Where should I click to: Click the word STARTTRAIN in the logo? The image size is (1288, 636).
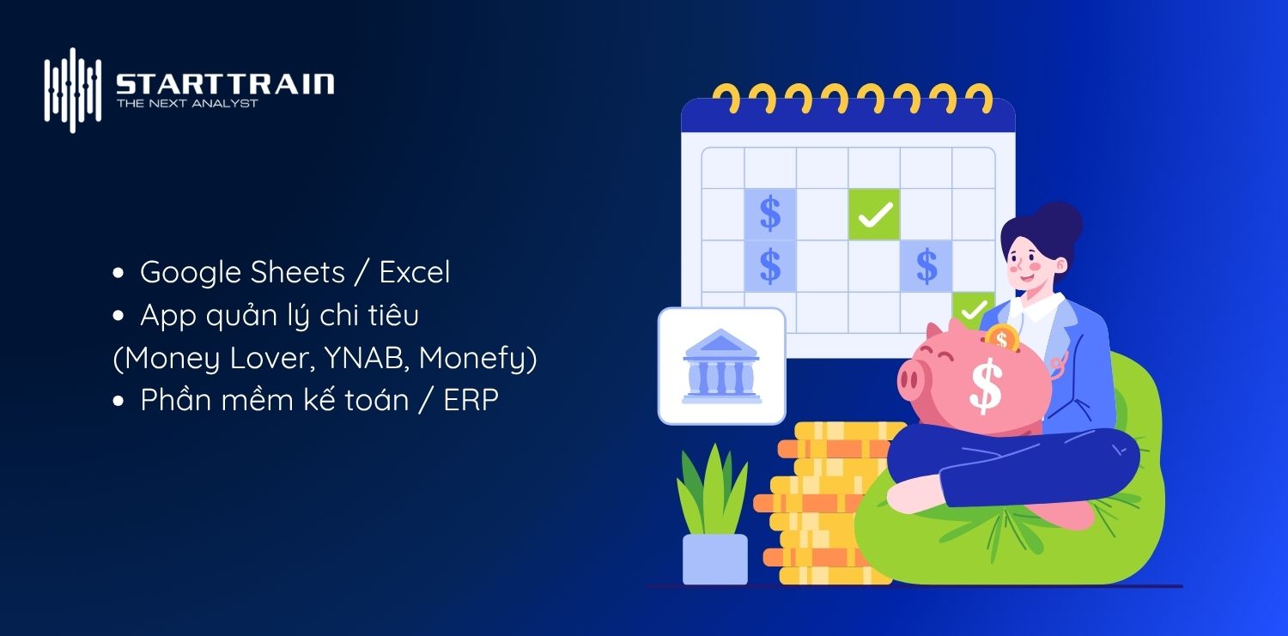coord(224,84)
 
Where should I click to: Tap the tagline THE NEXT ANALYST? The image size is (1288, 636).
coord(186,104)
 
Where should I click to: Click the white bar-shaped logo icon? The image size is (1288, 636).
coord(73,89)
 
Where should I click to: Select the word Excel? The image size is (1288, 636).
coord(415,272)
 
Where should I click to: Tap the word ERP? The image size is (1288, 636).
coord(471,400)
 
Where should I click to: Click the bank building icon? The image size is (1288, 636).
coord(721,366)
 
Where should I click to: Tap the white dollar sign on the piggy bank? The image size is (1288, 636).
coord(985,385)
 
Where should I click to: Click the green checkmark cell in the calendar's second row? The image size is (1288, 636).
coord(874,215)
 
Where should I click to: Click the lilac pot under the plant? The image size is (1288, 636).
coord(714,558)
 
